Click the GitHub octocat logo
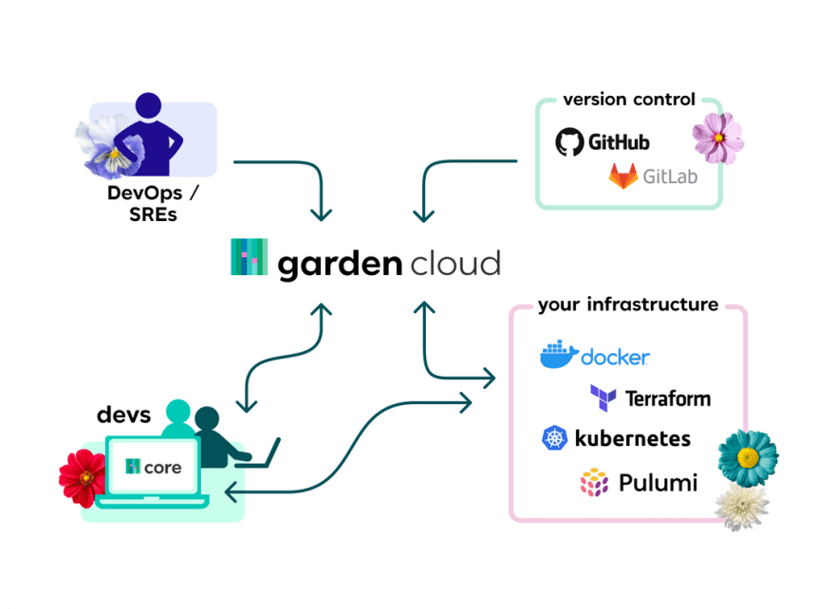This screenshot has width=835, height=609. tap(569, 141)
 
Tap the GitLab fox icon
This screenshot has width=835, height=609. tap(623, 176)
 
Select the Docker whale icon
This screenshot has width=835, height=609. tap(559, 354)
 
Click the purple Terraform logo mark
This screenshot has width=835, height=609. tap(603, 397)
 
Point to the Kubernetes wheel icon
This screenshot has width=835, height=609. tap(554, 438)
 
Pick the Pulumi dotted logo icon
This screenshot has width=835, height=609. tap(594, 482)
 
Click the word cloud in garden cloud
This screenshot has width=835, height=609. tap(455, 263)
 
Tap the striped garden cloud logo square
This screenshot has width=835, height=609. tap(250, 256)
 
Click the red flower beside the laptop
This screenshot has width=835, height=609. tap(83, 477)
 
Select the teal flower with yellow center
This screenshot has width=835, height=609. tap(748, 458)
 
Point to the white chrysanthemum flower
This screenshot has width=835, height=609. tap(742, 507)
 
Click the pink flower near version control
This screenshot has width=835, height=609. tap(718, 138)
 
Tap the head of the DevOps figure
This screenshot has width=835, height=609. tap(149, 105)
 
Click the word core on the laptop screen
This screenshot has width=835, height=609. tap(163, 468)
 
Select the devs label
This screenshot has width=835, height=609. tap(123, 415)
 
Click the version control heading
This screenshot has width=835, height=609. tap(629, 99)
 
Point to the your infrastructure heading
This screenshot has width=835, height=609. tap(628, 304)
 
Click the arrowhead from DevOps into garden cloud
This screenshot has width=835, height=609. tap(321, 214)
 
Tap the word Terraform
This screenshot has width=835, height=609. tap(668, 398)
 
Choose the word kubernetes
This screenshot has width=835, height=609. tap(633, 438)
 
